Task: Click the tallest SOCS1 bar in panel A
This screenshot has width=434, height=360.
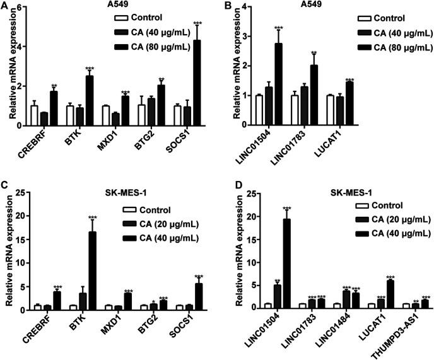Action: [x=197, y=83]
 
